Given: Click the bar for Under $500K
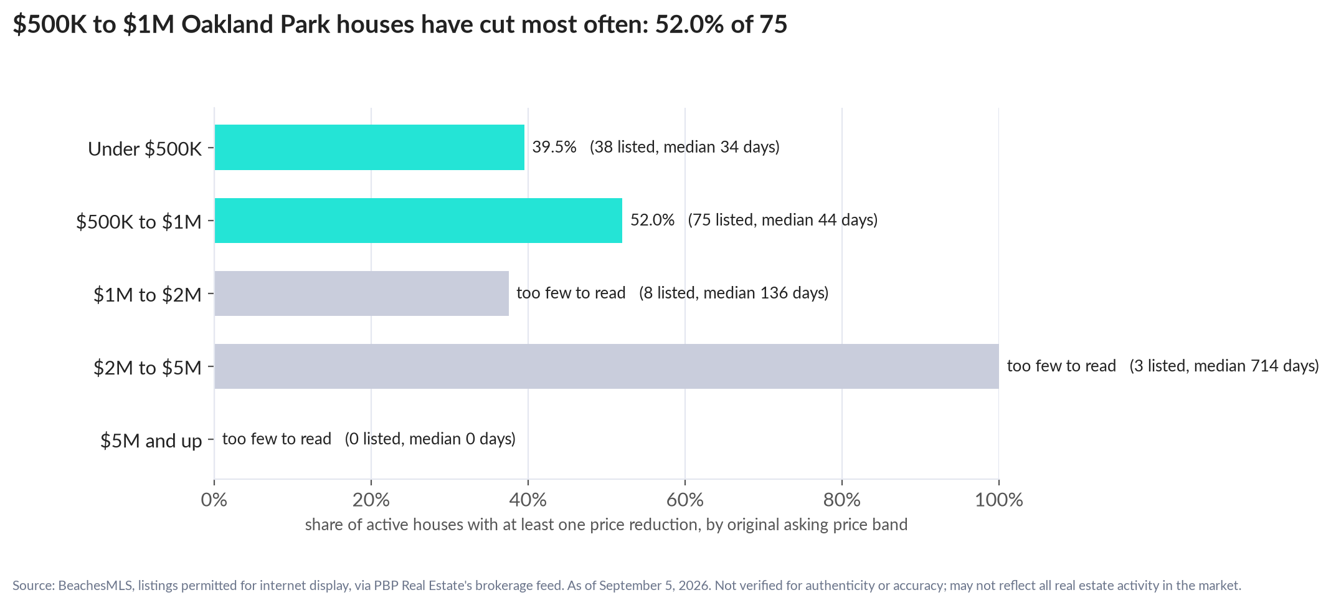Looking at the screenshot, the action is (369, 147).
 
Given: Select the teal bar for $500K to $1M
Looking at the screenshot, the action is (419, 221).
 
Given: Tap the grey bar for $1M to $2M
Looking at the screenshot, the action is (362, 293).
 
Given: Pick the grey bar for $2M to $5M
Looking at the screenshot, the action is (607, 366).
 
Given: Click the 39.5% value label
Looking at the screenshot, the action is (554, 147).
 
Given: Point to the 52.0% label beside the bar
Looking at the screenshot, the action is (653, 220).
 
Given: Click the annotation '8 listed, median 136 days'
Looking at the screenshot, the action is (734, 293).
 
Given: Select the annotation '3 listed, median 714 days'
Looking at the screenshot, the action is (1224, 366).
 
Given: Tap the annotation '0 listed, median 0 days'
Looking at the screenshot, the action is (430, 439).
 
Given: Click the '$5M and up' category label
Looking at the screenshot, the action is (151, 441).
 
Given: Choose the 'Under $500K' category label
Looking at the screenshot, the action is (145, 149).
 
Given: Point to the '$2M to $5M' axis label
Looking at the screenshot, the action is (148, 368).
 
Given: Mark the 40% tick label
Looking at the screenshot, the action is (528, 500).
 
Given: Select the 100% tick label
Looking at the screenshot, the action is (999, 500).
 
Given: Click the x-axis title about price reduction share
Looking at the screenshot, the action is (606, 525).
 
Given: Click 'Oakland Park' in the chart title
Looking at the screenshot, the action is (256, 25).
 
